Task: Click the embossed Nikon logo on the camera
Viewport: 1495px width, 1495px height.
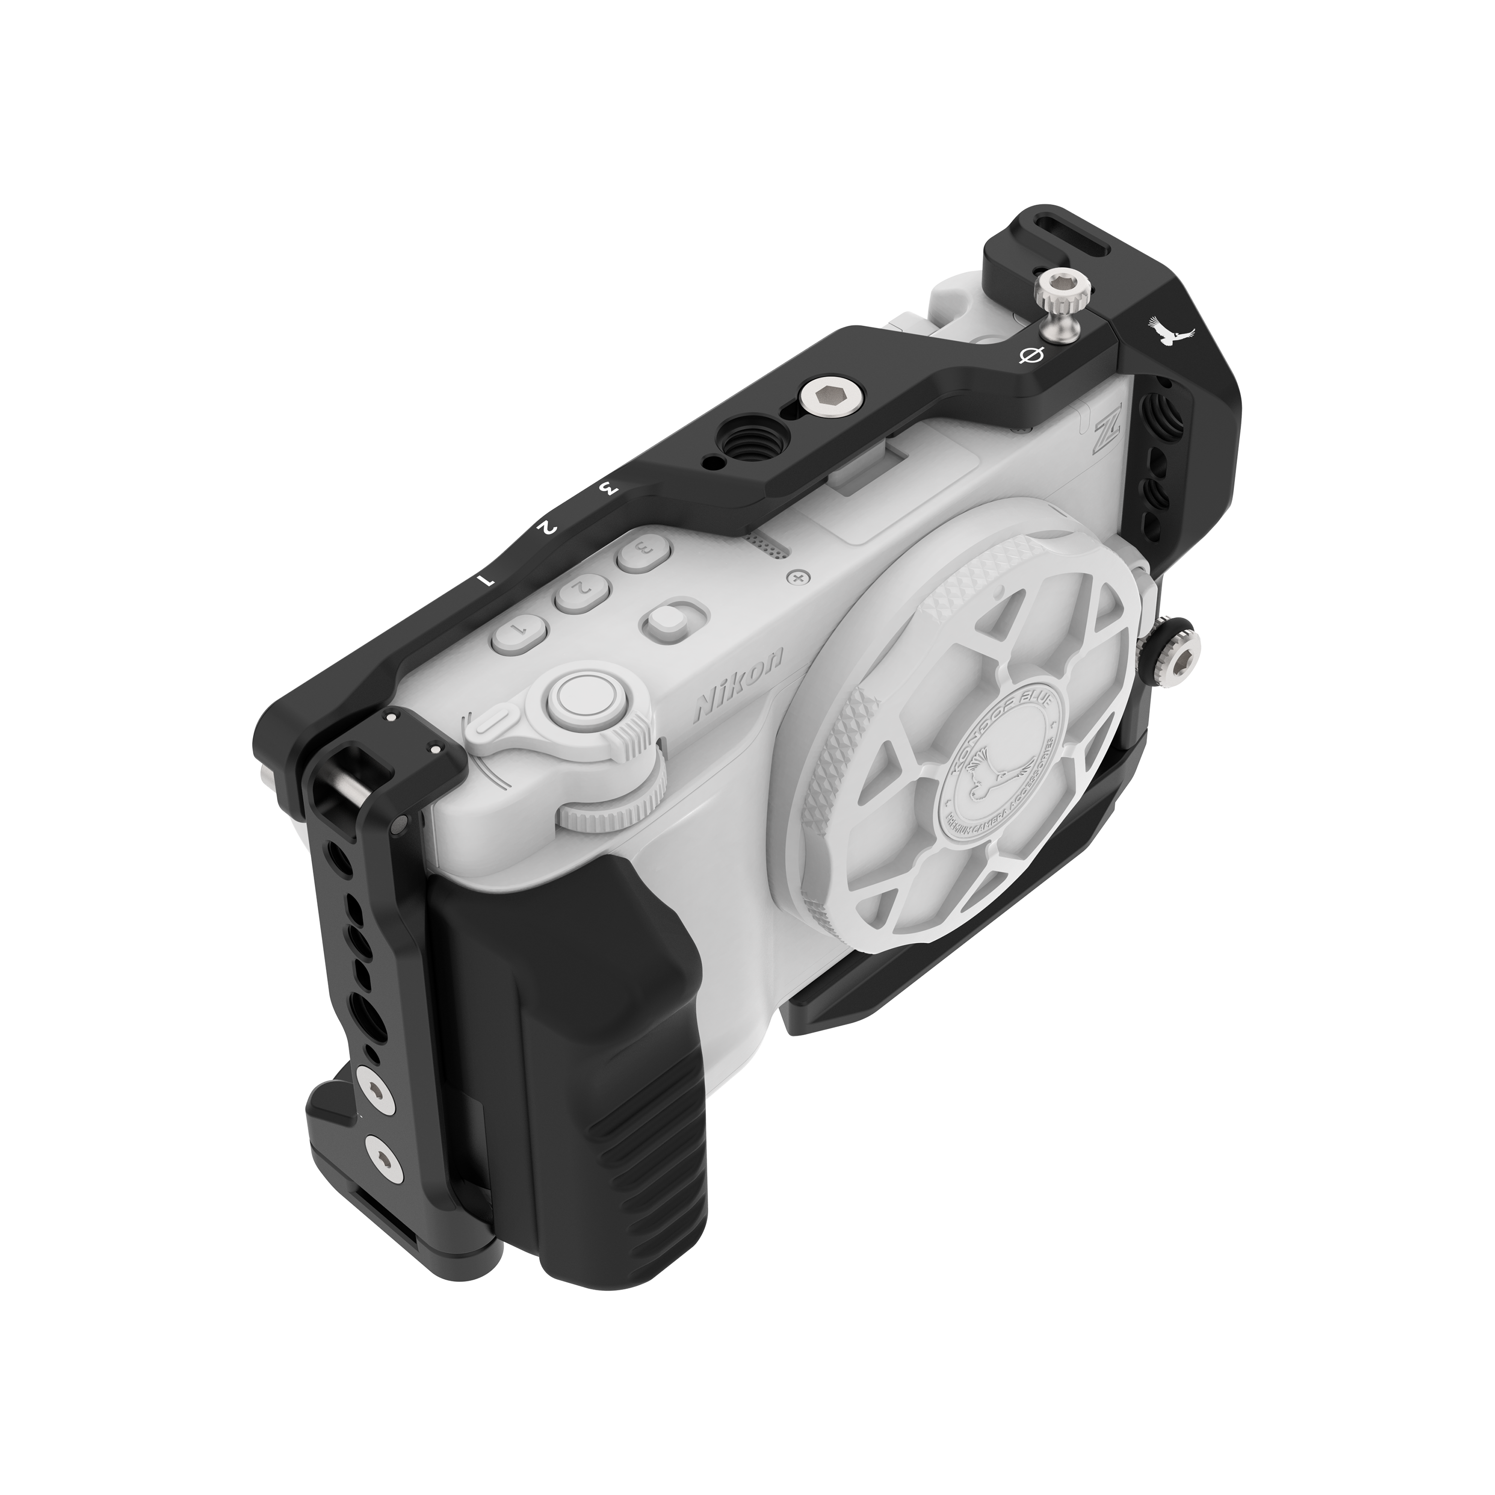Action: pyautogui.click(x=740, y=683)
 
